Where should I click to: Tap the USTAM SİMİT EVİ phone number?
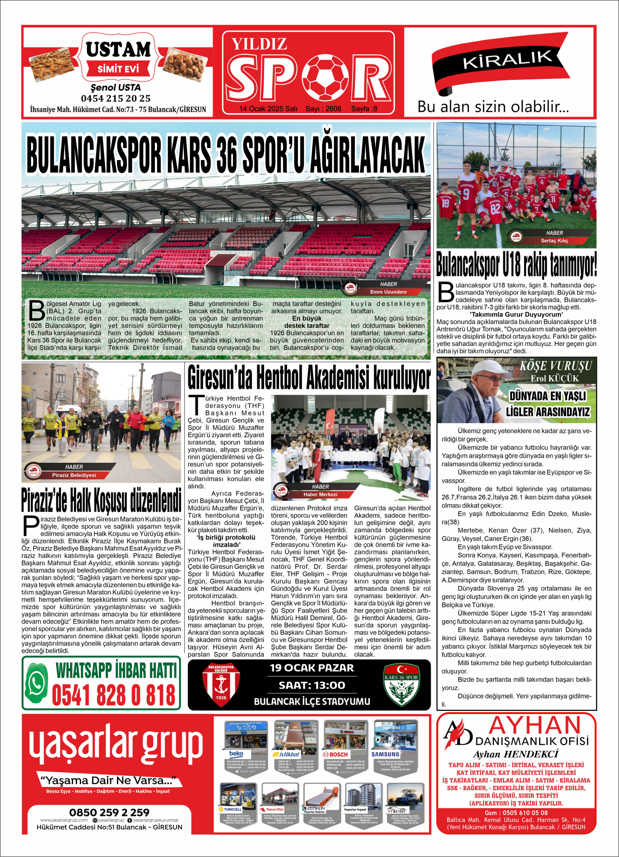coord(116,98)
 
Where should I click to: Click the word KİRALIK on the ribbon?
coord(507,60)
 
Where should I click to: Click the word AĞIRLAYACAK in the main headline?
coord(368,155)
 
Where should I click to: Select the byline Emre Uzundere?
coord(388,292)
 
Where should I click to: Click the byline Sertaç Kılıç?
coord(554,241)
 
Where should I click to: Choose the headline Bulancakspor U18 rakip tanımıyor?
coord(516,265)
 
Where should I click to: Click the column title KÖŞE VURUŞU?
coord(555,366)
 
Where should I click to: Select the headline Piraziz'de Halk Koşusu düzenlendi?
coord(102,500)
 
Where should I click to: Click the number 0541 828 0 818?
coord(114,695)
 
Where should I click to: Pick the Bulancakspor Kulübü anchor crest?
coord(221,684)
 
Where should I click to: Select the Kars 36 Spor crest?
coord(401,684)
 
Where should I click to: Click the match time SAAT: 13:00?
coord(312,685)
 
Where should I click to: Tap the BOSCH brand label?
coord(335,754)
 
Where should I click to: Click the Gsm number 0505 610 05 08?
coord(516,813)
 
